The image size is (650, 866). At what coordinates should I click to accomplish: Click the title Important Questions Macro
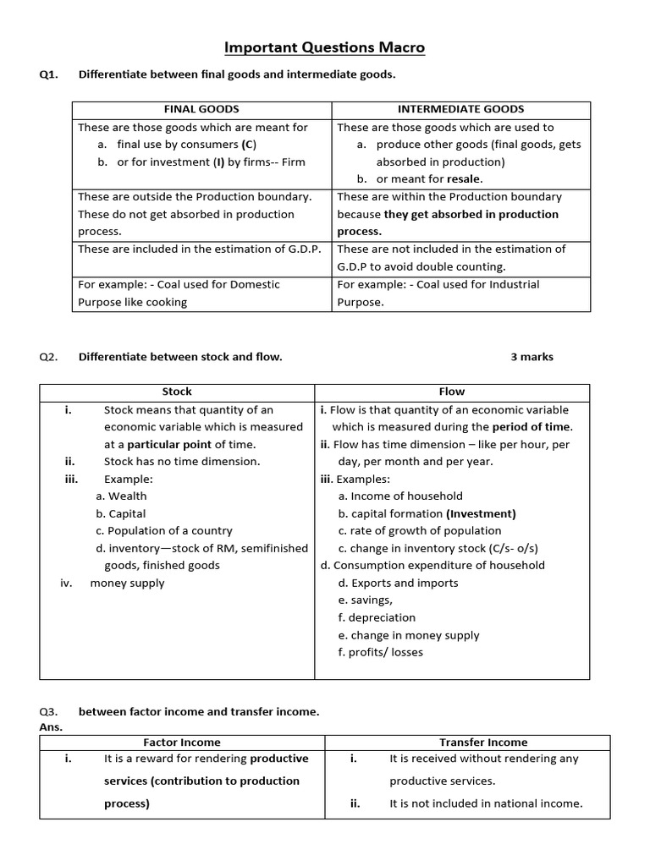point(325,47)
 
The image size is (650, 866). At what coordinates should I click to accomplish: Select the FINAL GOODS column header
point(201,109)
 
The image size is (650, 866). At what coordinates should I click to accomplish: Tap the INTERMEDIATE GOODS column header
point(460,109)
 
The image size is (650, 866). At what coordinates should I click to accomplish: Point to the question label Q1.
point(48,74)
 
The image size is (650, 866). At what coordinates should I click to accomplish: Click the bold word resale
point(463,179)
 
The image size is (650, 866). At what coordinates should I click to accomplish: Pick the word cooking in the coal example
point(167,302)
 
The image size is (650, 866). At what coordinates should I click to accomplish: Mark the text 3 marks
point(532,357)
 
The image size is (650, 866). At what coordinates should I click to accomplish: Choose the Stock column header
point(177,392)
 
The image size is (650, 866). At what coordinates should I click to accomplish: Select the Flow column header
point(452,392)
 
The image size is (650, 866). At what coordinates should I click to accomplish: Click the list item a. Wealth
point(121,496)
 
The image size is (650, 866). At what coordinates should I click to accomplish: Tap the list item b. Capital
point(120,513)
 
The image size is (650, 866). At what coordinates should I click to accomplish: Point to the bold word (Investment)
point(481,513)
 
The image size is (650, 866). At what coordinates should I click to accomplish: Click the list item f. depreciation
point(377,617)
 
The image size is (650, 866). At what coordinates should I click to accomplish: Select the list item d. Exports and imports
point(398,583)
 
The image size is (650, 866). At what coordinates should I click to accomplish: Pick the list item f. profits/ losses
point(380,652)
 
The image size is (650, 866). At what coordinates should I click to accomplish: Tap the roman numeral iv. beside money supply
point(67,583)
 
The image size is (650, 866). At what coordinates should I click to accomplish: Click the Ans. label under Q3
point(51,726)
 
